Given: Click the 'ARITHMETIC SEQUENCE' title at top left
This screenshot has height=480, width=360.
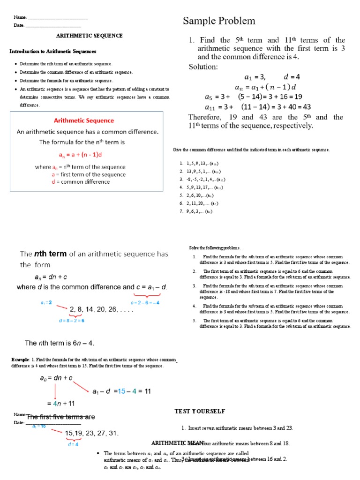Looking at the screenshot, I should point(90,36).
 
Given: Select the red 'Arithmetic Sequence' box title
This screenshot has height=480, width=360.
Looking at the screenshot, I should point(84,120).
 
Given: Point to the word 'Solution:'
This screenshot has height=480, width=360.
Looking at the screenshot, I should point(203,67).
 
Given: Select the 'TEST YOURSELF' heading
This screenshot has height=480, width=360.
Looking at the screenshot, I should point(200,411).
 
